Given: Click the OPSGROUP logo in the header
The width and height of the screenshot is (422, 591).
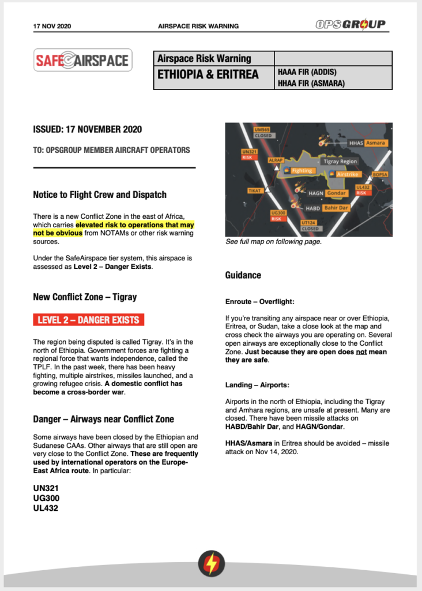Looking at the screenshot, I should (x=351, y=25).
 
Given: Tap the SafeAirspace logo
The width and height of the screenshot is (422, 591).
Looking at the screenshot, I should (x=83, y=60).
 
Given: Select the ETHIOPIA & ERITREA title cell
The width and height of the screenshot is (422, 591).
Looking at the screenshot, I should (x=213, y=76).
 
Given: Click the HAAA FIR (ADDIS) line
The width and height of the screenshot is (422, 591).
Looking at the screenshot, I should (x=307, y=72).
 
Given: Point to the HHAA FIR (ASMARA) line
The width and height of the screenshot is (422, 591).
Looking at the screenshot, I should (x=311, y=83).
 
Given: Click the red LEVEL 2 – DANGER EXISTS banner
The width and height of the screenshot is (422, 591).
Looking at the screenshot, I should (x=88, y=319).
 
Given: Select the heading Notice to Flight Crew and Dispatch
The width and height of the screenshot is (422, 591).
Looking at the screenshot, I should (x=99, y=194).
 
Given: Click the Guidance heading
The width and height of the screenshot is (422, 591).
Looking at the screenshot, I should (x=243, y=275).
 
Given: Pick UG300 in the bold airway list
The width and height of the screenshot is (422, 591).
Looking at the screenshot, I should (x=46, y=498).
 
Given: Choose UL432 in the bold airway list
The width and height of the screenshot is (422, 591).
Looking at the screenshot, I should (x=46, y=508).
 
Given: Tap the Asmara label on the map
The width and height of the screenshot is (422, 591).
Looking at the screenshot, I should (x=375, y=143).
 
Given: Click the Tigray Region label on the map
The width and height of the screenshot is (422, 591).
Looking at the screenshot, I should (x=340, y=162).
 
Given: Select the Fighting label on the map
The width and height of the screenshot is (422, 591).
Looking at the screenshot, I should (x=302, y=171).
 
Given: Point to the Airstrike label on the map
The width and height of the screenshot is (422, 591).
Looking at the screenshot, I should (x=348, y=174).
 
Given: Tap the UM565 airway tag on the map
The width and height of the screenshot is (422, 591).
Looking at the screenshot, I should (x=262, y=130).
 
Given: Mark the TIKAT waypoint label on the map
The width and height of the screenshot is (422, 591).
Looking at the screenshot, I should (x=254, y=190).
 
